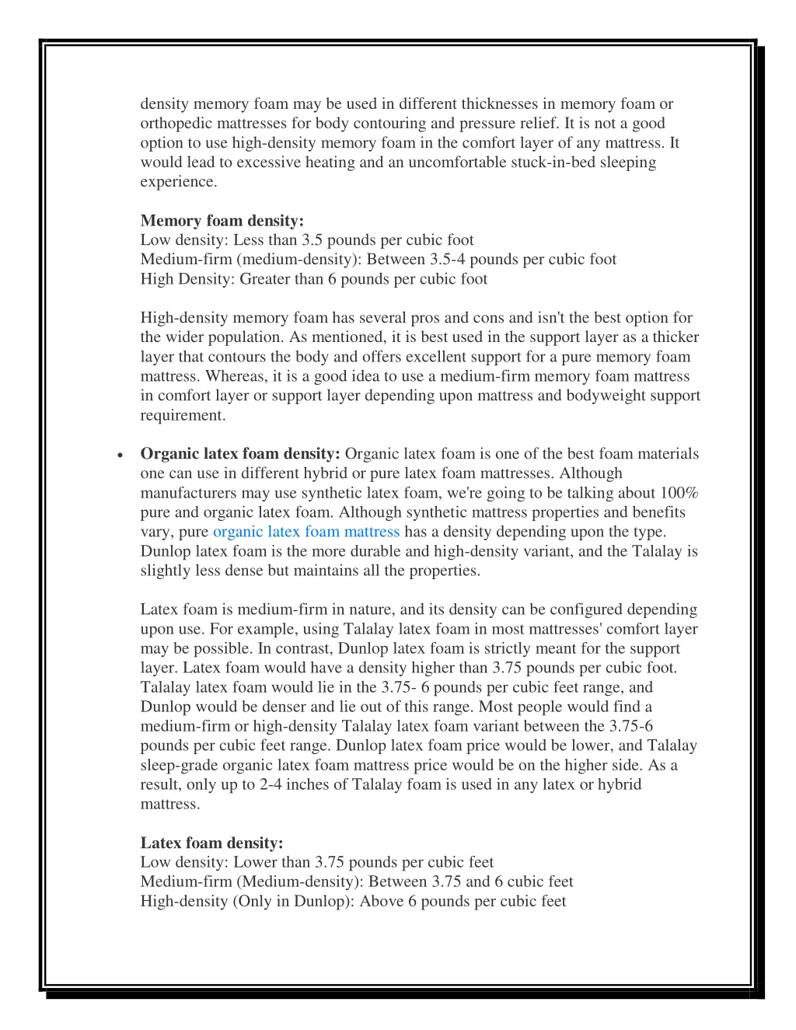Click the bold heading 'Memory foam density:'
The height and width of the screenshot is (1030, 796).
[222, 221]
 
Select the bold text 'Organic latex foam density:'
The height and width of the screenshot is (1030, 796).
[239, 454]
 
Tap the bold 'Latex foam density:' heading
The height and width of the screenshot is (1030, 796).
[211, 843]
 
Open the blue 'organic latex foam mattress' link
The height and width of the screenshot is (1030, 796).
[306, 532]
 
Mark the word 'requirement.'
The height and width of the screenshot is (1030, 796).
[183, 415]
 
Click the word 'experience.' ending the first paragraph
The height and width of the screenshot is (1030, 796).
[179, 182]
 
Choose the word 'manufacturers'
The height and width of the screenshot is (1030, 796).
[188, 493]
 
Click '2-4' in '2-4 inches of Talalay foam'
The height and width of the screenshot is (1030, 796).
[271, 784]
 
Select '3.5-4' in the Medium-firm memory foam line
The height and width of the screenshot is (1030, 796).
[447, 260]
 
